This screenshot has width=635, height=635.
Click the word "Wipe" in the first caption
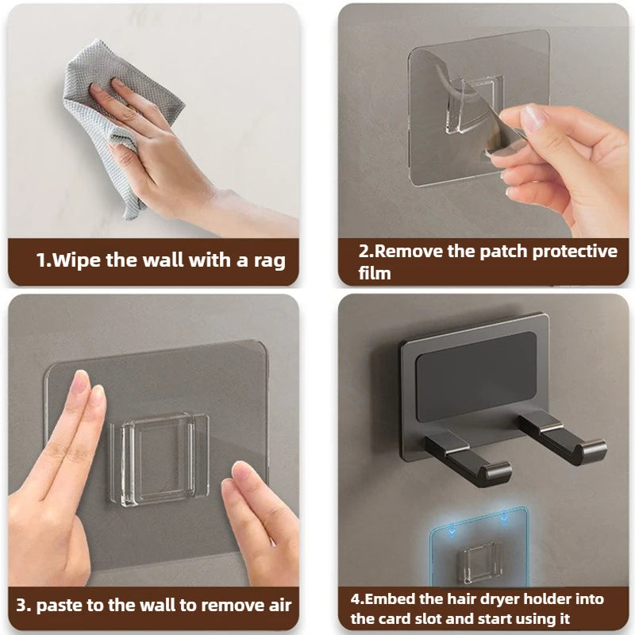pos(76,260)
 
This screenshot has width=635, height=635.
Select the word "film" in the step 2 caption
pos(375,273)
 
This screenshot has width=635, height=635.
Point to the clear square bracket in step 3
pos(159,460)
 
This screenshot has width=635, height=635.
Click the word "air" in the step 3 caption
pos(280,606)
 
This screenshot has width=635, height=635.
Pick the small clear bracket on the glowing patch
pos(482,564)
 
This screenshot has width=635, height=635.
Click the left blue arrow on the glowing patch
pos(451,529)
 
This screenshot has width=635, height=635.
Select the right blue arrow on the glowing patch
pos(504,518)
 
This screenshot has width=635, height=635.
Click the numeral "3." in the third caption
pos(24,606)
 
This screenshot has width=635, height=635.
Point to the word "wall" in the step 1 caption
pos(164,260)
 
